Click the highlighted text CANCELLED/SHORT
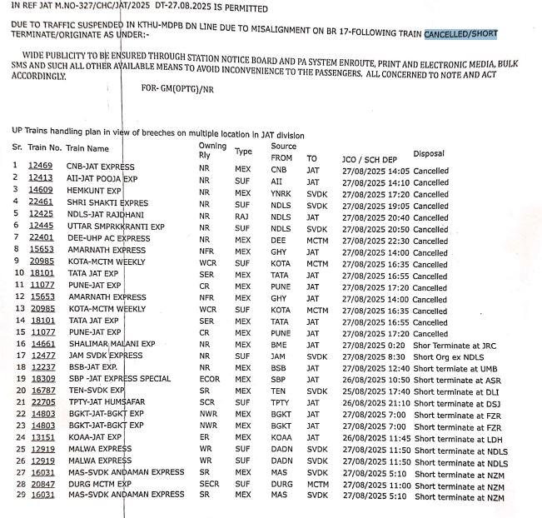(x=460, y=34)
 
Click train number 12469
(x=40, y=167)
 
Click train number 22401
(x=40, y=238)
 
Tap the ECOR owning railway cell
(x=206, y=379)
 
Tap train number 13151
(x=40, y=437)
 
